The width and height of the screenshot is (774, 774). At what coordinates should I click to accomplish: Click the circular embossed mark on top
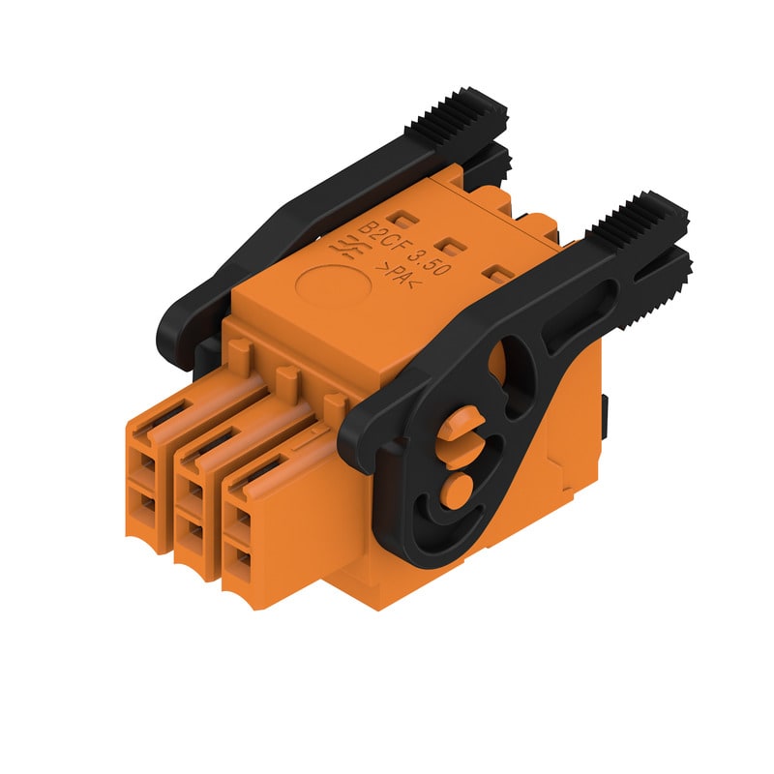(x=333, y=284)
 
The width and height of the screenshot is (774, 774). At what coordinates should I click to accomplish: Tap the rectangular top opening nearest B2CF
(x=402, y=220)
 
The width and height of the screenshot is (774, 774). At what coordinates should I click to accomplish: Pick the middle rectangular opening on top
(x=449, y=245)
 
